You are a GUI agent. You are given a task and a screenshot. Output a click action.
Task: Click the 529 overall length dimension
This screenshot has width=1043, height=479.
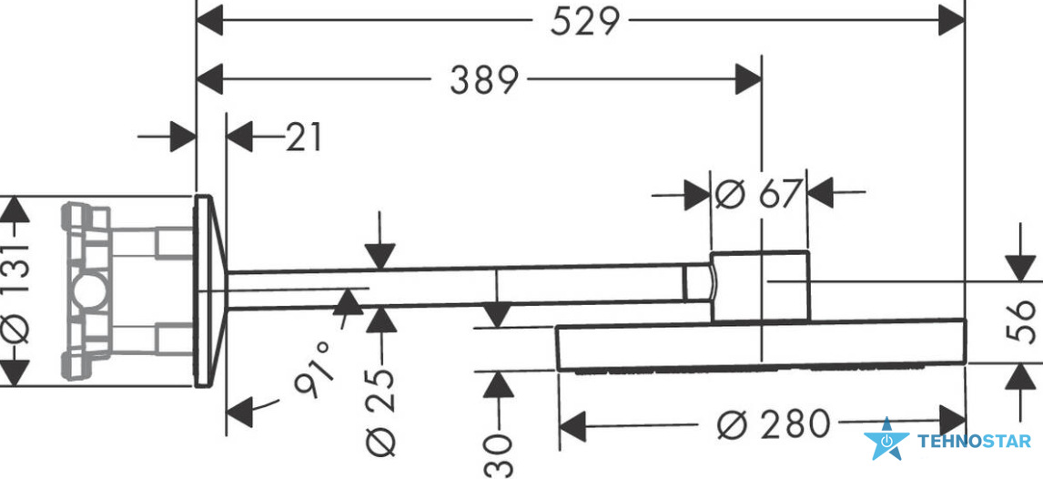584,21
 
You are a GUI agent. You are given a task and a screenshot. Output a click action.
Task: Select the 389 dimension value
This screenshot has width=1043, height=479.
483,80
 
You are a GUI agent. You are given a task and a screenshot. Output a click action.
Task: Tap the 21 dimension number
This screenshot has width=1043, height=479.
304,138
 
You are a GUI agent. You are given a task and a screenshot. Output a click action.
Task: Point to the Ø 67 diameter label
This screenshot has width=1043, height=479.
757,194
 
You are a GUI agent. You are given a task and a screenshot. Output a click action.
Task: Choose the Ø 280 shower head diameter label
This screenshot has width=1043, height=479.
775,423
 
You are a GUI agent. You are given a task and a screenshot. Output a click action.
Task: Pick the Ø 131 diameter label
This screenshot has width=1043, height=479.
17,290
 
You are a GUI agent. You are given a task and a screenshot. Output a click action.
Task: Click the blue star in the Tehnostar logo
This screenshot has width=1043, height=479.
886,440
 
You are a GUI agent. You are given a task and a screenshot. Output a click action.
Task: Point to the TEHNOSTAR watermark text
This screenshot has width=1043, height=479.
974,441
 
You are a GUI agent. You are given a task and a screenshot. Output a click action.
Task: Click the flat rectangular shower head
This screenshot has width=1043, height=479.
760,346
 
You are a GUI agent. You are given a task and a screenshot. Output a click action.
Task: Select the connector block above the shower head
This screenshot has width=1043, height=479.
760,287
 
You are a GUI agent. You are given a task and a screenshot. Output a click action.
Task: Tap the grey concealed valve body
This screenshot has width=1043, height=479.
127,290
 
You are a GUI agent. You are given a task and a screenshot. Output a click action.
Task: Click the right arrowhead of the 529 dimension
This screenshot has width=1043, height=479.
952,21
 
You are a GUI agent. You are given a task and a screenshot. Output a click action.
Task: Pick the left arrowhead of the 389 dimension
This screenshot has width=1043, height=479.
209,80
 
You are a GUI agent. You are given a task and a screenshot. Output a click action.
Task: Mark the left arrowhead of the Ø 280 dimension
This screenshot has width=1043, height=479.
572,425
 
